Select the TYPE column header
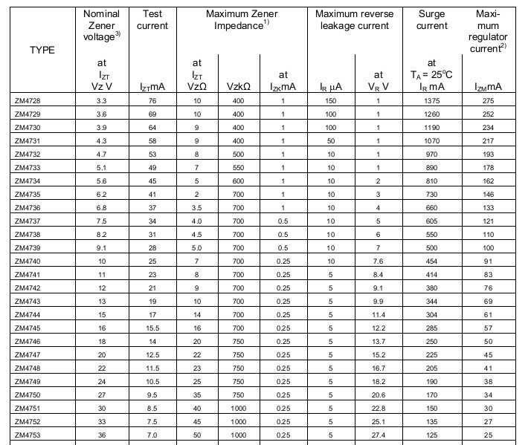(x=42, y=51)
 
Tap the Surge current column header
(x=431, y=20)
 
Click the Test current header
(x=152, y=20)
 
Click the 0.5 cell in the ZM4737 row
(x=283, y=221)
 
